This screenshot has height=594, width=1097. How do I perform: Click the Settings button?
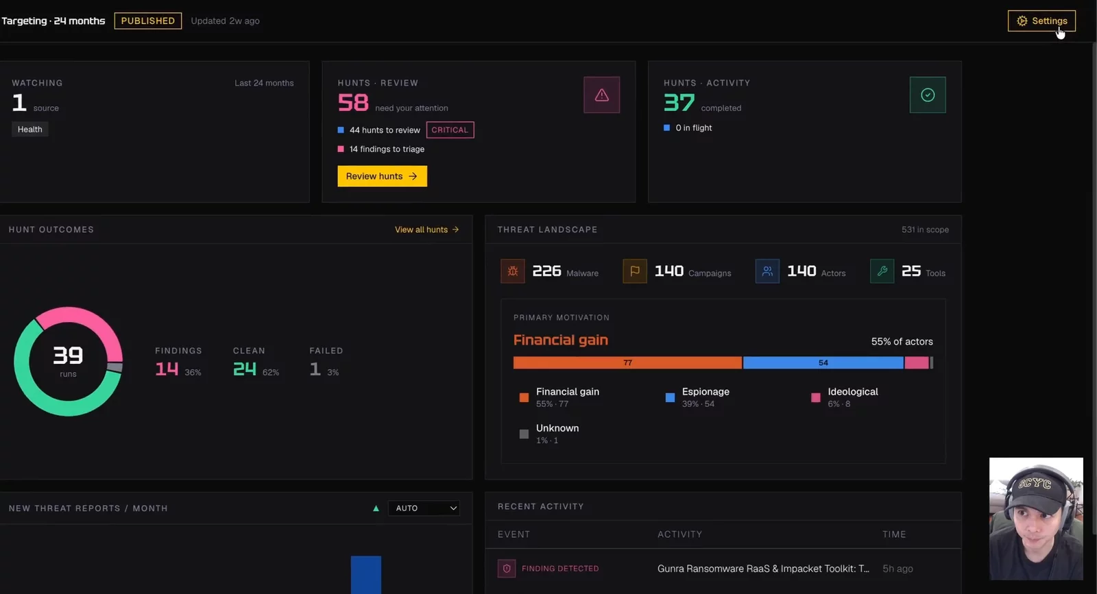tap(1041, 21)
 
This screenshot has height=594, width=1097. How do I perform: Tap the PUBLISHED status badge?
tap(148, 21)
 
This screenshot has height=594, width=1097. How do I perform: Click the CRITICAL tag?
tap(450, 129)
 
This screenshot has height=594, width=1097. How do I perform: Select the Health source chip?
tap(30, 129)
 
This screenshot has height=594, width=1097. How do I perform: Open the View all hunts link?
tap(426, 230)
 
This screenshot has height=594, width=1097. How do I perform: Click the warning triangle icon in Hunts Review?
tap(601, 95)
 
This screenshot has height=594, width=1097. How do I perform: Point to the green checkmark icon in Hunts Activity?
tap(928, 95)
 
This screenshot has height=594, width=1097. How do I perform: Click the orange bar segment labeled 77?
tap(627, 362)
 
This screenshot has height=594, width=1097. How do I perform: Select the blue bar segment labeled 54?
tap(823, 362)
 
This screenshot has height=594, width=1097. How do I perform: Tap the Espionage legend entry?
tap(697, 397)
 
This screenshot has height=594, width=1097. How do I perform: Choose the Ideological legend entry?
tap(844, 397)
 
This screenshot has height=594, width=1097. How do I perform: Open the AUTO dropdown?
tap(424, 508)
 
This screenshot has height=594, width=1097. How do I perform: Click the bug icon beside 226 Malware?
tap(513, 271)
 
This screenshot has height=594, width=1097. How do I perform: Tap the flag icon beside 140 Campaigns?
tap(635, 271)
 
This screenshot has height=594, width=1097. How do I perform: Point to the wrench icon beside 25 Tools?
tap(882, 271)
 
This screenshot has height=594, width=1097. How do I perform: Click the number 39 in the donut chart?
tap(68, 356)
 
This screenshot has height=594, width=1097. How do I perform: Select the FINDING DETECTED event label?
tap(560, 569)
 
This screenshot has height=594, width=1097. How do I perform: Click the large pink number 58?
tap(353, 103)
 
